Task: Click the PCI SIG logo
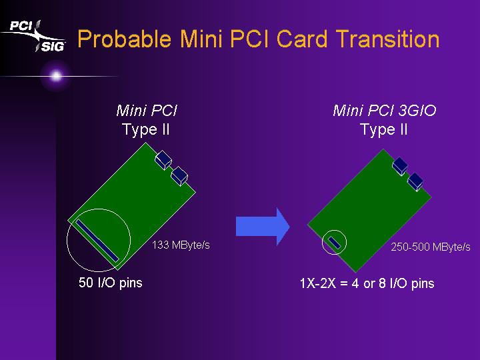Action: pyautogui.click(x=34, y=36)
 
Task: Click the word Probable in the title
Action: pyautogui.click(x=124, y=39)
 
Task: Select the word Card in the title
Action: pyautogui.click(x=302, y=39)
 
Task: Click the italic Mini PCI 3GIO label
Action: pyautogui.click(x=385, y=111)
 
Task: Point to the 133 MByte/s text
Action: pyautogui.click(x=181, y=245)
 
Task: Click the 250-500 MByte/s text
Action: pyautogui.click(x=431, y=247)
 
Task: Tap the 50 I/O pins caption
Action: pyautogui.click(x=111, y=283)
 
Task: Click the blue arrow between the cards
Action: pyautogui.click(x=263, y=227)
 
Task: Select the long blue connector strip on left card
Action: pyautogui.click(x=97, y=241)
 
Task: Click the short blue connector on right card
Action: pyautogui.click(x=335, y=243)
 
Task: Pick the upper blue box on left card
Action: pyautogui.click(x=163, y=160)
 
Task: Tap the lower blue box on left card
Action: pyautogui.click(x=179, y=176)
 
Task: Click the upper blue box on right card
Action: pyautogui.click(x=400, y=165)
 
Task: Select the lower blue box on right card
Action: pyautogui.click(x=415, y=181)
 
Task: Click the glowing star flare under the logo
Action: pyautogui.click(x=56, y=75)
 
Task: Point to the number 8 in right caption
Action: pyautogui.click(x=383, y=283)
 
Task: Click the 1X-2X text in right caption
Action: pyautogui.click(x=318, y=283)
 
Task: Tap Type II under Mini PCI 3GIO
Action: pyautogui.click(x=384, y=129)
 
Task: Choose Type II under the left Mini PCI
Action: pyautogui.click(x=146, y=129)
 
